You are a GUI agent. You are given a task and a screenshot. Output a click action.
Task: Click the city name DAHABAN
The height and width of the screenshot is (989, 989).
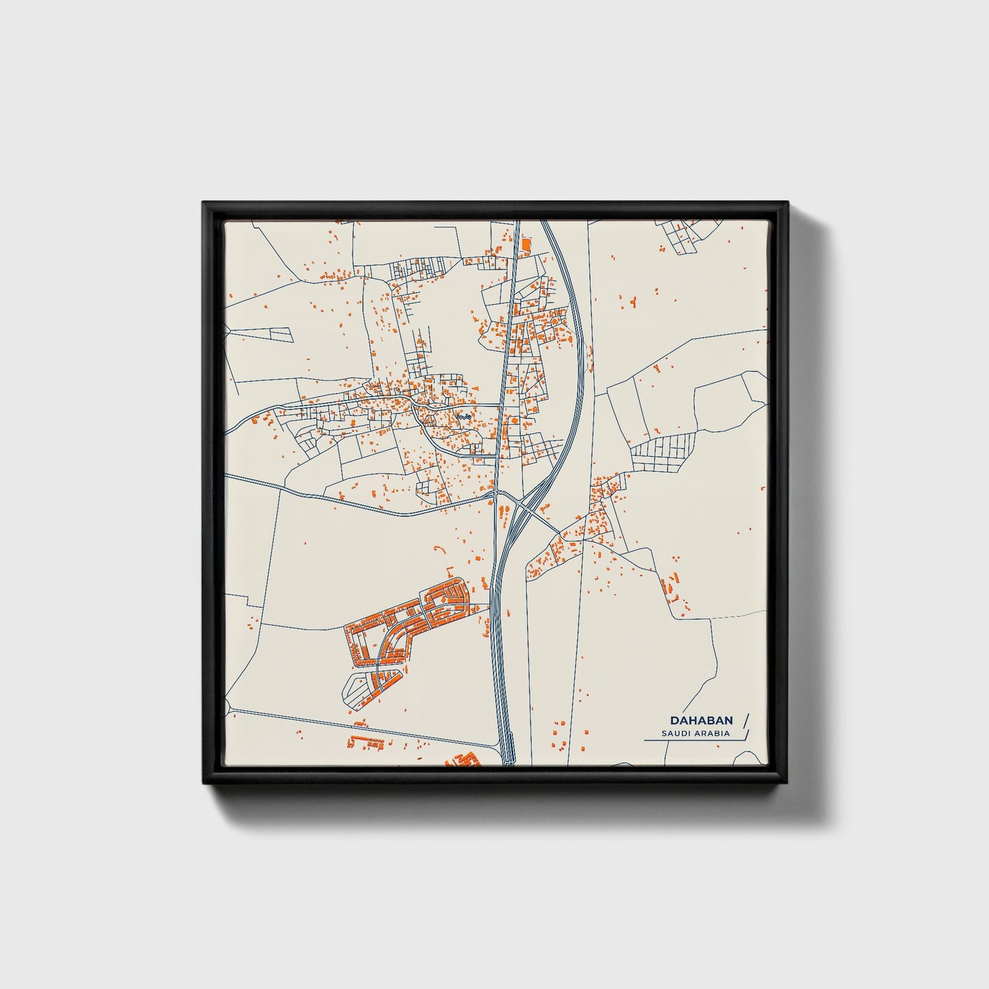702,720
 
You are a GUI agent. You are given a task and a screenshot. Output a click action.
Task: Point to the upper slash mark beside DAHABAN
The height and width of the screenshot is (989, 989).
745,719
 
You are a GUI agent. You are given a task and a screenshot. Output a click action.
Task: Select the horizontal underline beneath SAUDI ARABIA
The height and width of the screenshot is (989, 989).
691,741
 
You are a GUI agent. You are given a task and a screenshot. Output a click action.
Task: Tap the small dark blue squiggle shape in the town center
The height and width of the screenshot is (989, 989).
464,416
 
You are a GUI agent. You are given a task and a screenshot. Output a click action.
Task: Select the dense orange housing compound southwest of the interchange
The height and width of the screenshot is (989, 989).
411,623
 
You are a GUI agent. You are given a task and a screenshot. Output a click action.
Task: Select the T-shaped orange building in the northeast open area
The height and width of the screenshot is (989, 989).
632,300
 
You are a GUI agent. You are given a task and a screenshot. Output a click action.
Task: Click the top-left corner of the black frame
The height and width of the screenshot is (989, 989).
205,203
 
